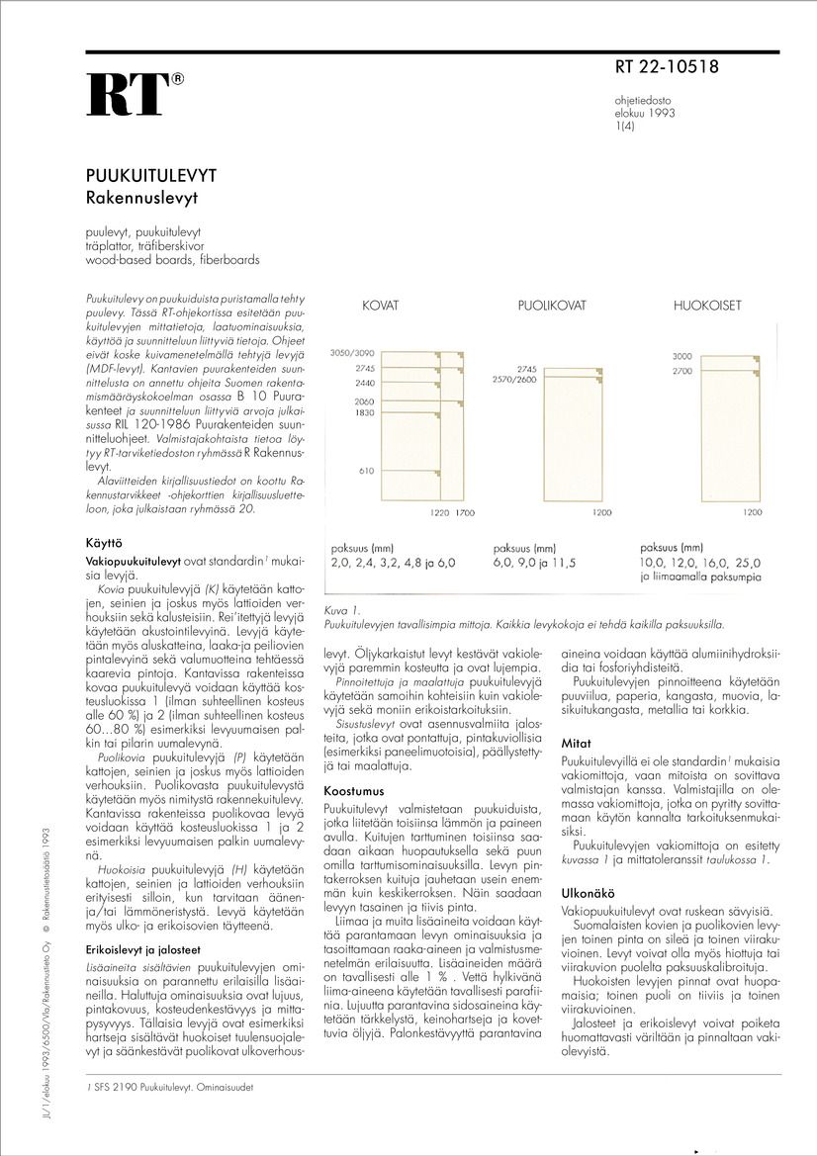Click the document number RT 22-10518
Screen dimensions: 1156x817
[667, 68]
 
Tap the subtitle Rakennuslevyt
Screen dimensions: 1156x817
[142, 197]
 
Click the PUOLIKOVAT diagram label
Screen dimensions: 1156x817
[546, 307]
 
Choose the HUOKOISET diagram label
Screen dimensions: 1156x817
[707, 307]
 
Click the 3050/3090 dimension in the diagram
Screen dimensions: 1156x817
[353, 353]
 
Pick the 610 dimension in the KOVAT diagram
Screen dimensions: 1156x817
[365, 471]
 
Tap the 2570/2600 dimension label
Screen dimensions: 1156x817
[514, 380]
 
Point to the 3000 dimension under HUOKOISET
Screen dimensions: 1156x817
[681, 356]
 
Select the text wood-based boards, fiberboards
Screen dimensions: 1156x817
[172, 260]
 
